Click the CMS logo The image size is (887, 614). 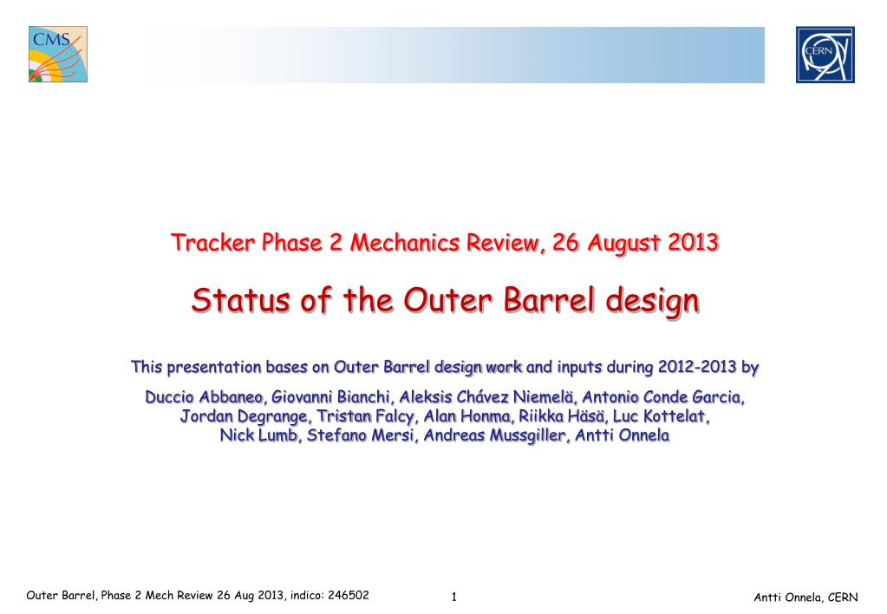(x=58, y=55)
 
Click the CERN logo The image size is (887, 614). (x=825, y=55)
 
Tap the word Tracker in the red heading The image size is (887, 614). (x=213, y=243)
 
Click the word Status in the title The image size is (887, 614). (x=241, y=300)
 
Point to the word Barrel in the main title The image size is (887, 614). (x=550, y=300)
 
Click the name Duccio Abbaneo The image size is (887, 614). (x=205, y=397)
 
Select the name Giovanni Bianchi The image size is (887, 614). (x=331, y=397)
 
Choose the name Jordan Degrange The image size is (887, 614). (x=244, y=416)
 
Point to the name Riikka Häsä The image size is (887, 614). (x=561, y=416)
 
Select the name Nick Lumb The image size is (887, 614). (x=258, y=435)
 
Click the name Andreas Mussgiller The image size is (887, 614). (x=494, y=435)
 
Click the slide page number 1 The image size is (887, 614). (x=453, y=597)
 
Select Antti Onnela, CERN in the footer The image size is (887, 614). (x=805, y=597)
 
